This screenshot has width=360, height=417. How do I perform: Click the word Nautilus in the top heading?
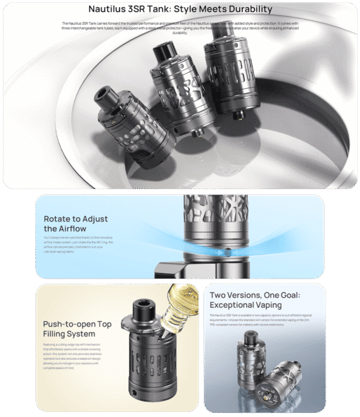pyautogui.click(x=111, y=9)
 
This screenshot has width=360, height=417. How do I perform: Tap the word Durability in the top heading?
pyautogui.click(x=242, y=9)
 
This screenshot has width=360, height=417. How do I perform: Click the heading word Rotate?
pyautogui.click(x=59, y=218)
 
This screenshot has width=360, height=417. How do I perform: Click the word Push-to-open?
pyautogui.click(x=68, y=324)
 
